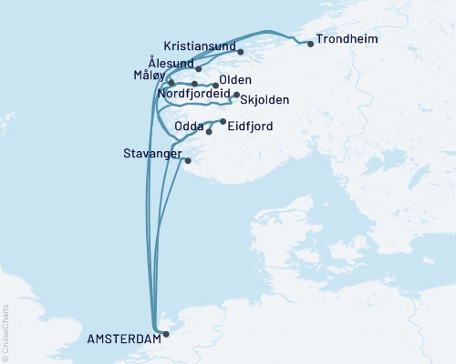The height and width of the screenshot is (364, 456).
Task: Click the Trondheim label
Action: [346, 41]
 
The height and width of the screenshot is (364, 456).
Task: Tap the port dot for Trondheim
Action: [310, 44]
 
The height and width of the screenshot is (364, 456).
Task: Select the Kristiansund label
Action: [200, 46]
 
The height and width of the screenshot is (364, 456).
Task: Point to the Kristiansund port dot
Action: [240, 52]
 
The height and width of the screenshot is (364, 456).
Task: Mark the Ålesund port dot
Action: [198, 68]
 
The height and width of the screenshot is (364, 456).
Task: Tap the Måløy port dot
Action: [171, 83]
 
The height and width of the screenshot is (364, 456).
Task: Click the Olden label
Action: [235, 80]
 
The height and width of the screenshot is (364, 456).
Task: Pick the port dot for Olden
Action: [215, 86]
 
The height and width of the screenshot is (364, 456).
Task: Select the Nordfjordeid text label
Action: [193, 94]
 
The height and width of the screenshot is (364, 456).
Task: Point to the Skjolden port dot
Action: [236, 95]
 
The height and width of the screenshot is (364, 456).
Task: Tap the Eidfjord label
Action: [249, 127]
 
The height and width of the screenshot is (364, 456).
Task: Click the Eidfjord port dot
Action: [223, 121]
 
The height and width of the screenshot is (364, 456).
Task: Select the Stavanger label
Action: [151, 154]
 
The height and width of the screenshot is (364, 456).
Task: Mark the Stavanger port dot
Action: [188, 161]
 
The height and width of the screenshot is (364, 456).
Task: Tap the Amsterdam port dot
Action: [165, 334]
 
